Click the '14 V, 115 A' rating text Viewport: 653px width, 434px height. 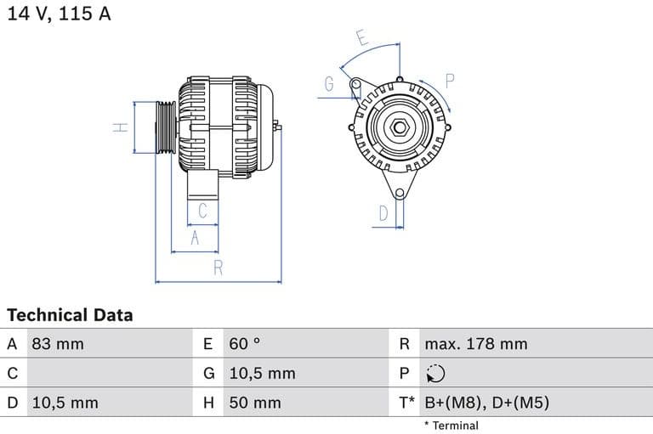coord(59,14)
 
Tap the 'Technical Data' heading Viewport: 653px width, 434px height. coord(70,315)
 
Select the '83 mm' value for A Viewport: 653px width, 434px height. coord(58,344)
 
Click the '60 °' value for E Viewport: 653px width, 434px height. coord(245,344)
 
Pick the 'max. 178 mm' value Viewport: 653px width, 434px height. coord(476,344)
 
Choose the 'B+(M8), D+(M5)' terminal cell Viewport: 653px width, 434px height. coord(486,403)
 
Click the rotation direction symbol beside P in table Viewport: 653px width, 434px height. coord(434,374)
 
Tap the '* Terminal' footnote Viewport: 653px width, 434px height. coord(451,426)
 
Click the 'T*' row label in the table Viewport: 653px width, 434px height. coord(407,403)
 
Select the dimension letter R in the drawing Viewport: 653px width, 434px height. coord(219,268)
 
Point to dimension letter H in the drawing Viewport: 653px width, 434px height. coord(121,127)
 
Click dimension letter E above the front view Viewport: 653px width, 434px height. coord(361,38)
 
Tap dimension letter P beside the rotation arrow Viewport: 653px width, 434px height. coord(450,82)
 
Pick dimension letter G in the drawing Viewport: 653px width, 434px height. coord(329,83)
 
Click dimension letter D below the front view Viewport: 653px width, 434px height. coord(383,213)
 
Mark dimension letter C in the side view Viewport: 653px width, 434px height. coord(202,210)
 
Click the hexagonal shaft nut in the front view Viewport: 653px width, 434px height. coord(398,128)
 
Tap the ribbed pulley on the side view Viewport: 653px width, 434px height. coord(165,127)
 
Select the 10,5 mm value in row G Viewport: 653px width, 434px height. coord(262,374)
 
